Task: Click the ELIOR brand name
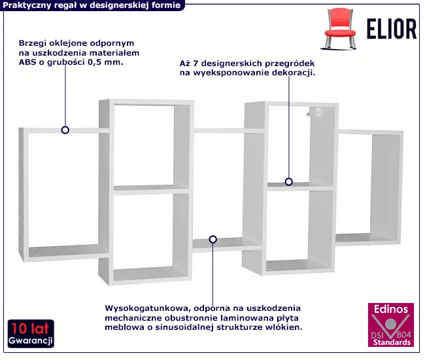tap(392, 29)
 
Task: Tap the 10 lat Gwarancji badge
tap(31, 333)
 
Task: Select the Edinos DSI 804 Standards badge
tap(391, 325)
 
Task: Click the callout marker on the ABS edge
tap(65, 130)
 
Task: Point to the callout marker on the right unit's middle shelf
tap(289, 181)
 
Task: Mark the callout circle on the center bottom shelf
tap(213, 240)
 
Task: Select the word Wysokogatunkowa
tap(148, 308)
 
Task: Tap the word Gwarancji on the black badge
tap(30, 340)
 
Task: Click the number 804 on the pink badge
tap(403, 334)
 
